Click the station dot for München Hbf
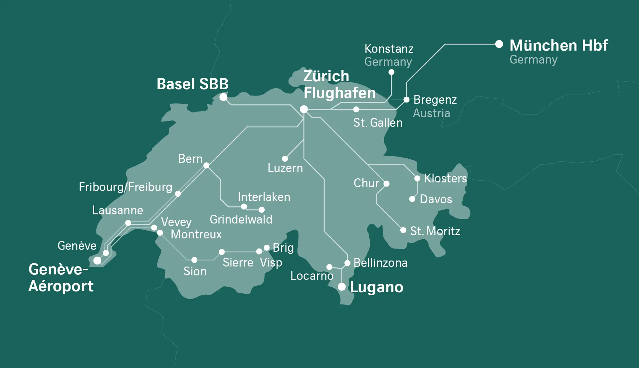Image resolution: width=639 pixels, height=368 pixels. [499, 44]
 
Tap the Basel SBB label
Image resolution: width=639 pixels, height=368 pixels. [192, 84]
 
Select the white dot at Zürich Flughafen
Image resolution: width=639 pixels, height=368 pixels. [304, 109]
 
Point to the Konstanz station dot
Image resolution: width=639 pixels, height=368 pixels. [391, 72]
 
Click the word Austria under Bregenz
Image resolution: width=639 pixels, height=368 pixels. [431, 113]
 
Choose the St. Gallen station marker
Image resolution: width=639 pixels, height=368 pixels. [356, 109]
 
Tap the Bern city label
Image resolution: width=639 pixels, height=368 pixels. [190, 159]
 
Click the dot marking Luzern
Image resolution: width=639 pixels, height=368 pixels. [285, 159]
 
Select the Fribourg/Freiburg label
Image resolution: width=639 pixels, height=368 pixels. [125, 187]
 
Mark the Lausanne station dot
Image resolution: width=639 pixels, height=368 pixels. [128, 223]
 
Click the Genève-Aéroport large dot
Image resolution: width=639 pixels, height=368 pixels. [97, 260]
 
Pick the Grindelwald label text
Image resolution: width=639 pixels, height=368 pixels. [241, 219]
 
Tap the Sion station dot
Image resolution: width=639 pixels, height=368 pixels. [194, 260]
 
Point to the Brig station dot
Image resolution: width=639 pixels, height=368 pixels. [267, 248]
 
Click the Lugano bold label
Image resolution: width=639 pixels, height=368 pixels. [376, 287]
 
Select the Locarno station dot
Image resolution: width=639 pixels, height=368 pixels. [329, 267]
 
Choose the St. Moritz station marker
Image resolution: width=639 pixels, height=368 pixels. [403, 230]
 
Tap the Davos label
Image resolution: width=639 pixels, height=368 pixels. [436, 199]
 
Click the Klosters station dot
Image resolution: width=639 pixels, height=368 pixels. [417, 179]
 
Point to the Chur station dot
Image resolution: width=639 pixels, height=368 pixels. [386, 184]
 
